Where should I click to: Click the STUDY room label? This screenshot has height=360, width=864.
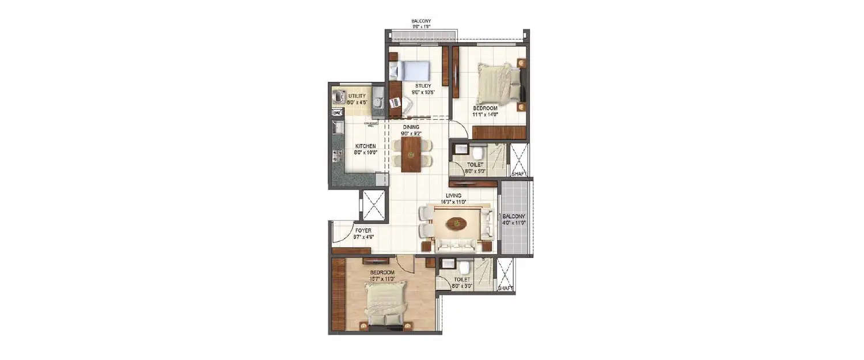(423, 86)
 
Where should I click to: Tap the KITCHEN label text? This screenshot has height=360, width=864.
(365, 146)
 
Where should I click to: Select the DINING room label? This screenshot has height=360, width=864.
(411, 127)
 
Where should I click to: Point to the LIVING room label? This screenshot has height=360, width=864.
(453, 195)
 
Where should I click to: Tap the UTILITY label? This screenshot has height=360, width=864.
(357, 96)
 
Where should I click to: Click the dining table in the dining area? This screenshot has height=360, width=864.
(411, 154)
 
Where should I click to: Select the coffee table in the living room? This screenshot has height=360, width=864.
(458, 223)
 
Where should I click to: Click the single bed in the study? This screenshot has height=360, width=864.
(410, 71)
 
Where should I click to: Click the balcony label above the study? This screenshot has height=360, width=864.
(421, 21)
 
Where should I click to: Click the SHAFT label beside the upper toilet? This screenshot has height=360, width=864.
(518, 173)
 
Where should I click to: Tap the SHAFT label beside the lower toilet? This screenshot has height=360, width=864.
(505, 287)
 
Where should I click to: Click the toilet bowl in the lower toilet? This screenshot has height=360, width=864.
(464, 267)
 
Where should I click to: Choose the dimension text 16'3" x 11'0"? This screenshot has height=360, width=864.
(453, 202)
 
